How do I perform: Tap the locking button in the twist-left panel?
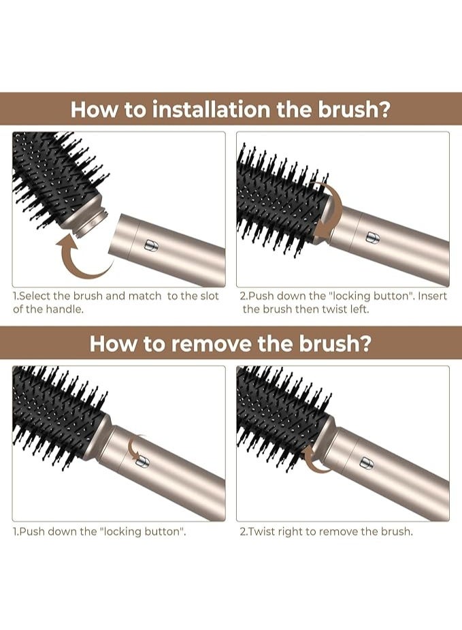[x=372, y=236]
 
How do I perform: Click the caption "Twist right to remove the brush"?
[x=326, y=531]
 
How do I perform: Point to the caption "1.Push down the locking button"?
[x=99, y=531]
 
